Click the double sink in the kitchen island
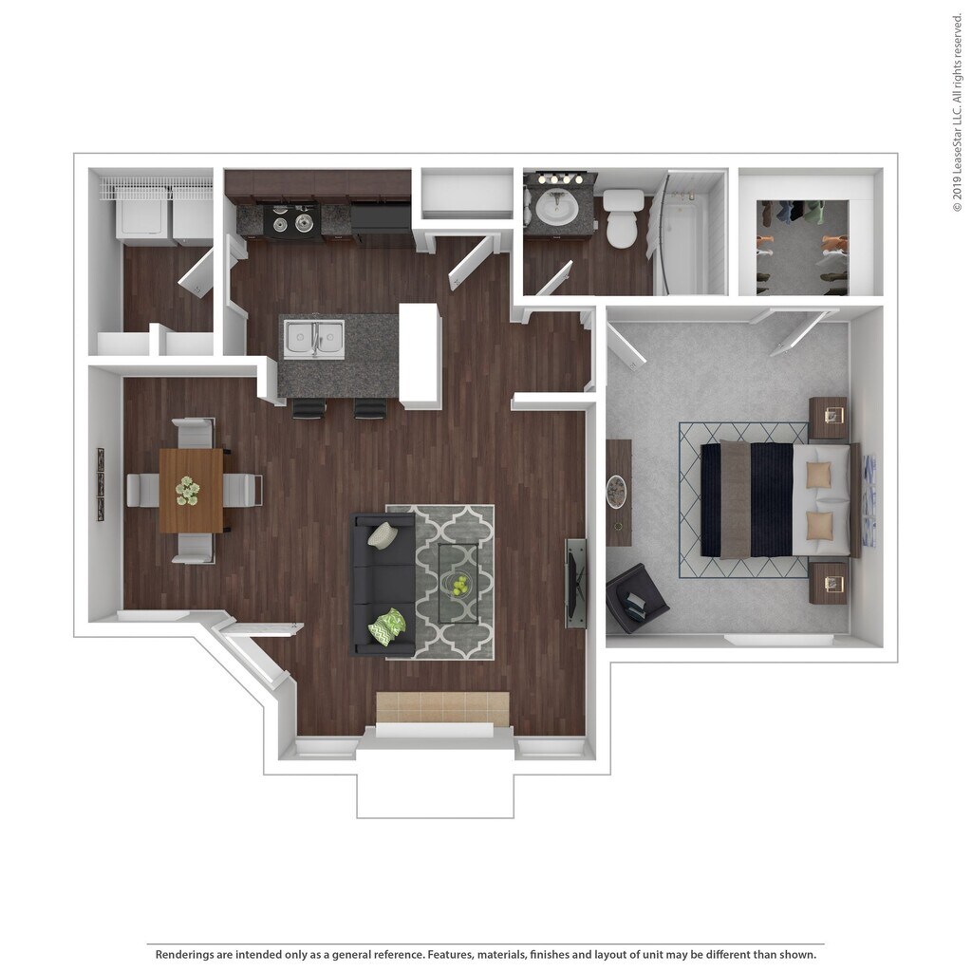312,340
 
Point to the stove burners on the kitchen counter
290,222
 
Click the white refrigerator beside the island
421,355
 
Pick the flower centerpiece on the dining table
188,491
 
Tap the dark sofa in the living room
383,584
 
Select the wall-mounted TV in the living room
575,583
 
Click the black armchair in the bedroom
635,599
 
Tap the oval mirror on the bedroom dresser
617,492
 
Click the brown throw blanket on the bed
735,499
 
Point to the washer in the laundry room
142,219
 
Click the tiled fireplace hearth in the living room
442,707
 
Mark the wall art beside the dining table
100,484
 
